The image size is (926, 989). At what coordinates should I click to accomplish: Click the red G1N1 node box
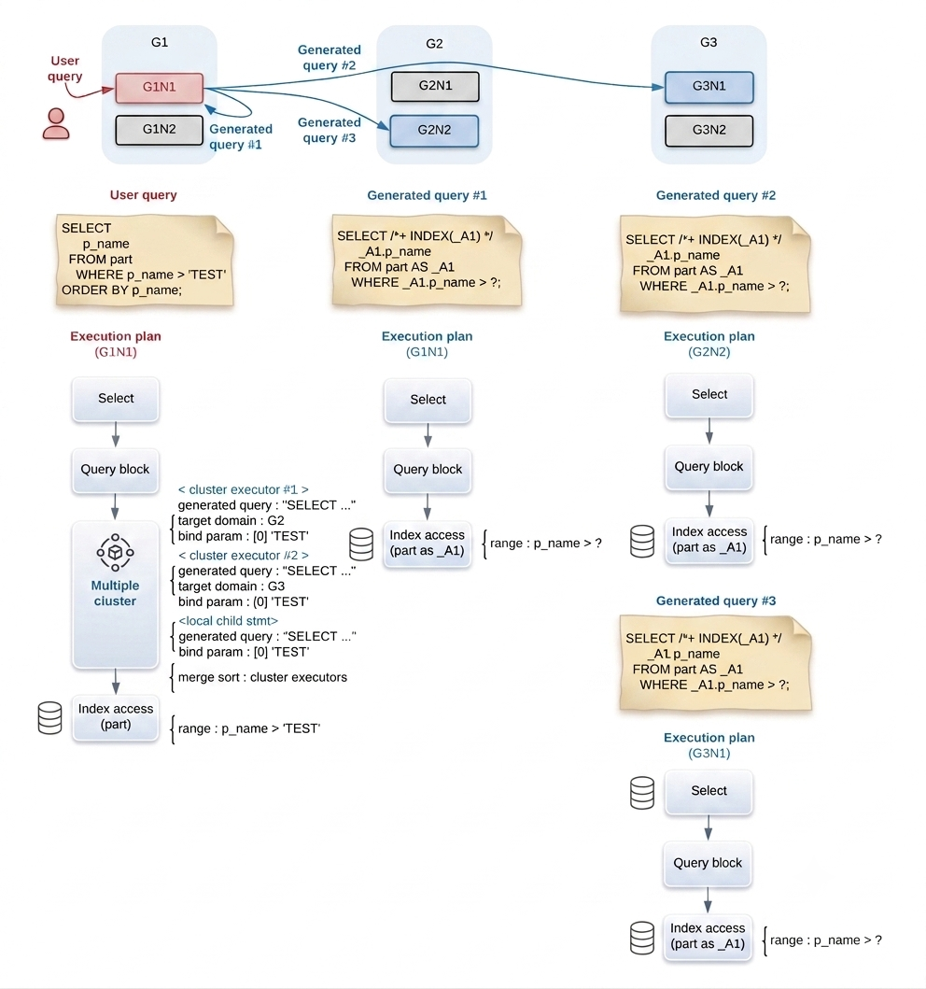point(159,88)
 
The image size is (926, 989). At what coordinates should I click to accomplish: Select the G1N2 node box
point(159,130)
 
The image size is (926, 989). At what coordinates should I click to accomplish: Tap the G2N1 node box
point(435,87)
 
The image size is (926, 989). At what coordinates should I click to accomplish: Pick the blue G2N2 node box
point(434,131)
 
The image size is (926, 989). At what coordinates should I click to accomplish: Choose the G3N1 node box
point(709,87)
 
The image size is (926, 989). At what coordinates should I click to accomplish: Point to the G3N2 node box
point(709,131)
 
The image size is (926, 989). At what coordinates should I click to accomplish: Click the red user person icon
point(56,123)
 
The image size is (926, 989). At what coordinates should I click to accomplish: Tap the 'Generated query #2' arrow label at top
point(330,57)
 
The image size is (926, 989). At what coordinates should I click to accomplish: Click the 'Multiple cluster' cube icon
point(115,553)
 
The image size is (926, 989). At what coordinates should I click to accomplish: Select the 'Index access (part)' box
point(116,717)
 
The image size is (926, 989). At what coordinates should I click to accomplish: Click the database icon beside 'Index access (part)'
point(49,718)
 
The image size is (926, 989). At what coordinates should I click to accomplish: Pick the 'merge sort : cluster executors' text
point(262,677)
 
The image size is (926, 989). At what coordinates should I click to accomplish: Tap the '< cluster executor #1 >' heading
point(244,489)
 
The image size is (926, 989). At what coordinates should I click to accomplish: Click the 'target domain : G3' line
point(231,586)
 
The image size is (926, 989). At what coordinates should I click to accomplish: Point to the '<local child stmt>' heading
point(228,621)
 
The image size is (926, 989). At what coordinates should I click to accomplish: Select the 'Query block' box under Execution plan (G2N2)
point(709,467)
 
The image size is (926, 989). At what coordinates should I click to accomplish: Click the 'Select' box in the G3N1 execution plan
point(709,791)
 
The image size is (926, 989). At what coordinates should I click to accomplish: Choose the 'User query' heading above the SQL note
point(143,195)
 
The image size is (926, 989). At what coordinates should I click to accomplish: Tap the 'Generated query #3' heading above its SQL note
point(715,600)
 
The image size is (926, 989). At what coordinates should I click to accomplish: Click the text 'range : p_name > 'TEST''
point(249,728)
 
